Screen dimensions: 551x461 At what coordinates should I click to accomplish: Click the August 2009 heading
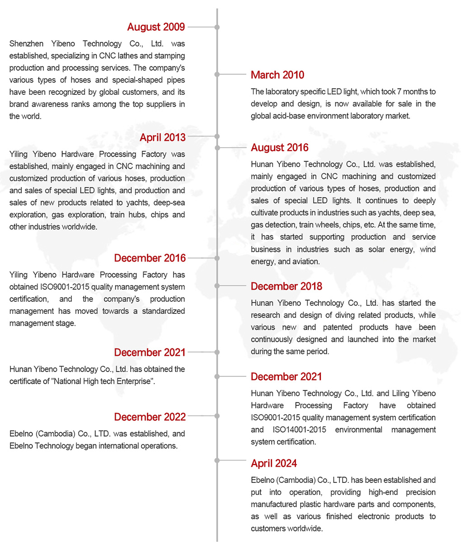coord(156,27)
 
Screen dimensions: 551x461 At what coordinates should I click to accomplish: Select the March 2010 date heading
coord(278,75)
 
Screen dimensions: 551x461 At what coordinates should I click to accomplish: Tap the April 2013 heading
coord(162,137)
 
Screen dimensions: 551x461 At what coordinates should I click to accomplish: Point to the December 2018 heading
coord(287,286)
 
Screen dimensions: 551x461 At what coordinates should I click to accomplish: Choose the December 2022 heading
coord(150,417)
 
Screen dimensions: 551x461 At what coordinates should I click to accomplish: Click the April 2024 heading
coord(274,463)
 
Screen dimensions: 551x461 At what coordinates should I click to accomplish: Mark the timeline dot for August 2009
coord(217,27)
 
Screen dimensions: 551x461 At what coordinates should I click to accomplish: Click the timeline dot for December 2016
coord(217,258)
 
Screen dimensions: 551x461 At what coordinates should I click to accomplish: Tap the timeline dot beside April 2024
coord(217,460)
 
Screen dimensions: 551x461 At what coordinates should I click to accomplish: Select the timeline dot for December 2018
coord(217,286)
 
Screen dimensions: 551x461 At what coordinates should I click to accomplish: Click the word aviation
coord(306,261)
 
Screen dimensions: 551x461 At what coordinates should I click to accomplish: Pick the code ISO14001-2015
coord(299,430)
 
